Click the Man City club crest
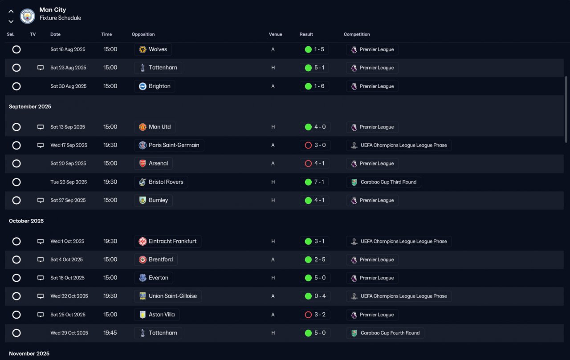click(28, 16)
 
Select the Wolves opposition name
click(158, 49)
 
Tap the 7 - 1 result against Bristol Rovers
click(319, 182)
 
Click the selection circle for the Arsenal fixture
click(16, 163)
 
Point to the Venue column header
click(275, 34)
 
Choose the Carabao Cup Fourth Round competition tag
click(385, 333)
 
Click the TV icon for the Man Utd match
click(41, 127)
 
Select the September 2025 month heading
click(30, 106)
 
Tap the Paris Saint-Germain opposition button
click(169, 145)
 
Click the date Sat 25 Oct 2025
click(68, 315)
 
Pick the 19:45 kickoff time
click(110, 333)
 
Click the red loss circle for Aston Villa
click(308, 315)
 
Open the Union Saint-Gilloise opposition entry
click(168, 296)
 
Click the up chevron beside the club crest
click(11, 12)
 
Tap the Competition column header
click(357, 34)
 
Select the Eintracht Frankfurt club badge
click(142, 241)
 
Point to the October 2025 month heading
click(26, 221)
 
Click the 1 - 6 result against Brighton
click(319, 86)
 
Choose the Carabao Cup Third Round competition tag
click(383, 182)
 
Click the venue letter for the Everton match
click(273, 278)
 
